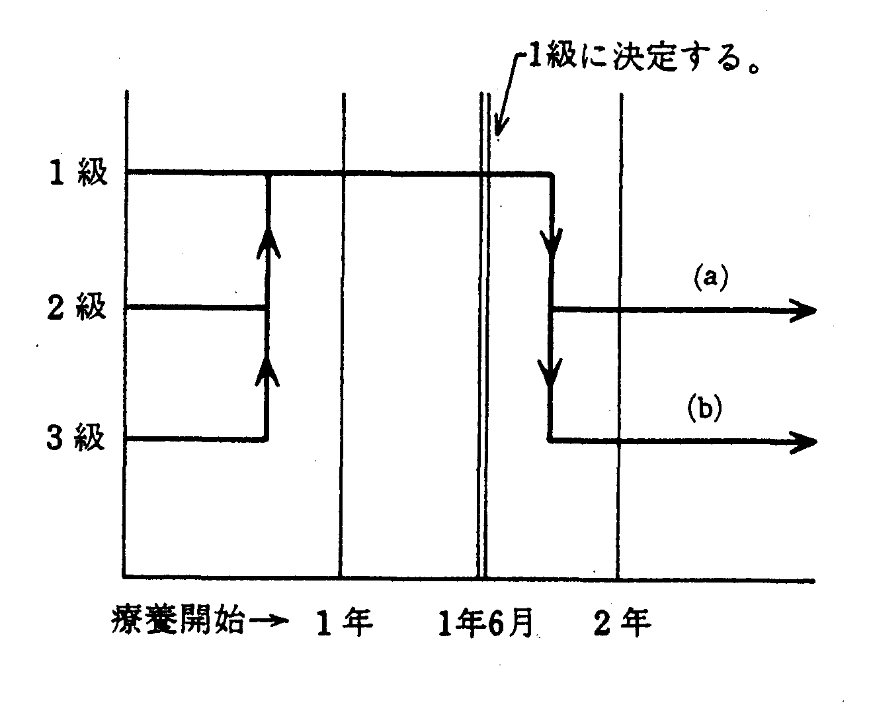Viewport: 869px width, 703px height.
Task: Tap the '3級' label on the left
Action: [77, 439]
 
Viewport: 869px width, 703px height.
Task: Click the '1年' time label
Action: [345, 623]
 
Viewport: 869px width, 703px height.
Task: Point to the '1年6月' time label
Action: [486, 623]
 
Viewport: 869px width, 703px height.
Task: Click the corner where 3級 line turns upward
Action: [267, 439]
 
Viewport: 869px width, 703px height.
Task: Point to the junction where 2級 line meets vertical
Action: [267, 307]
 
